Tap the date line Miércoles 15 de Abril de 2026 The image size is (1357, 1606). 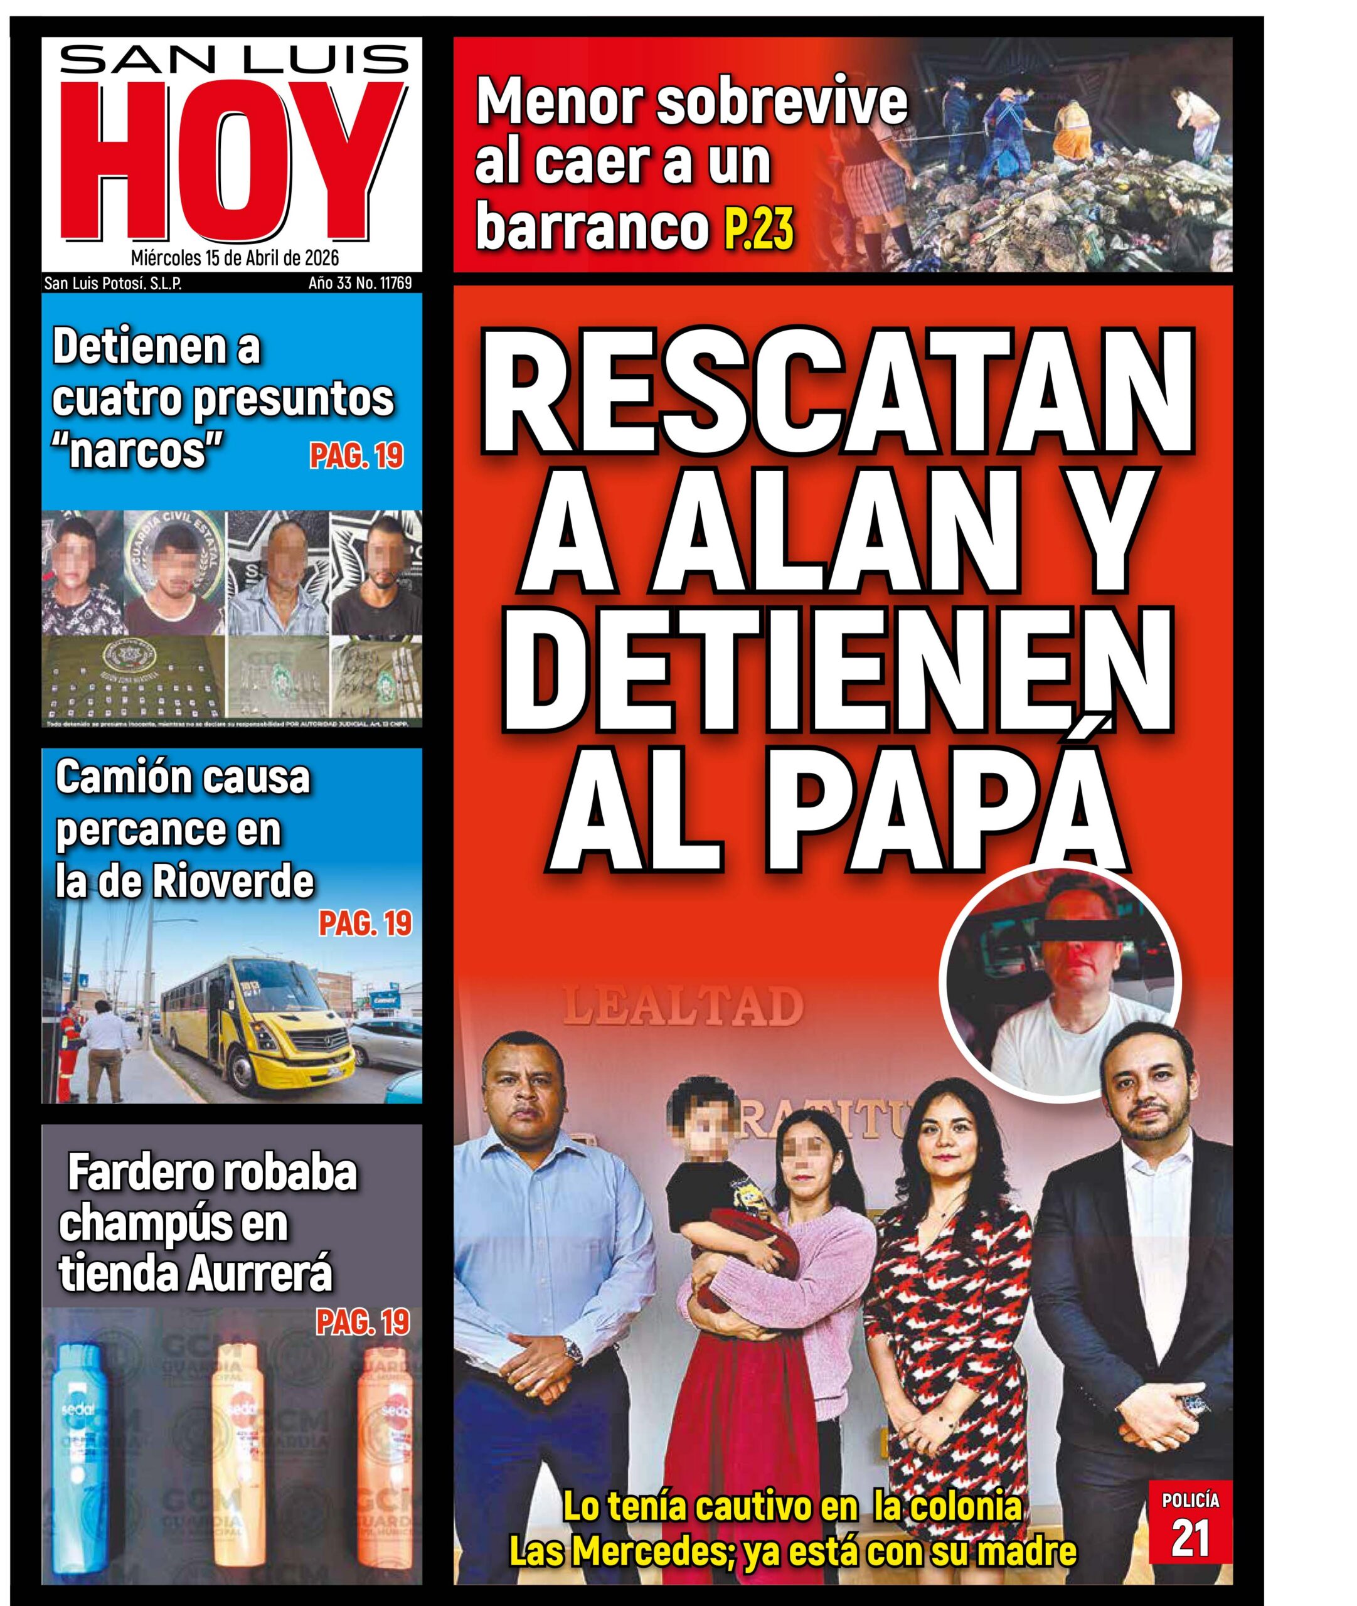[234, 258]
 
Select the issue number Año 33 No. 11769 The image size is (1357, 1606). [359, 283]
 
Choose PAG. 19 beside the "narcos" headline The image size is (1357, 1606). [356, 456]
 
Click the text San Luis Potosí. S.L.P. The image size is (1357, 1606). [113, 283]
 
